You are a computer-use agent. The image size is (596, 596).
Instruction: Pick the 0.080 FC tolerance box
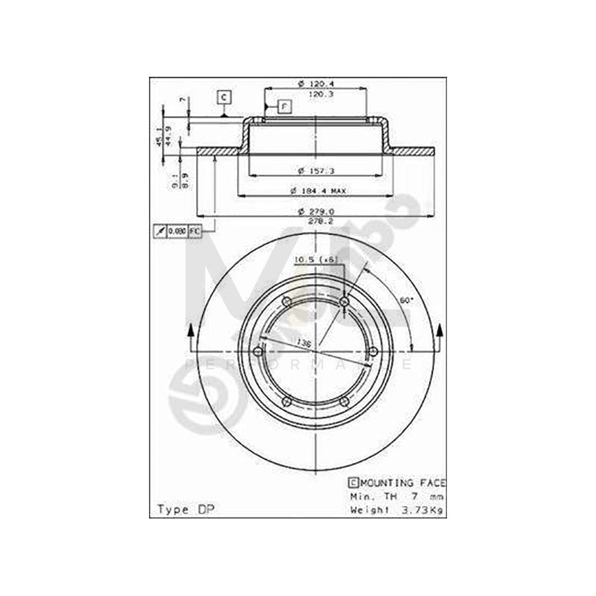point(177,230)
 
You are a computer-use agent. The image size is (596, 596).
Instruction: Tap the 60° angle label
point(407,300)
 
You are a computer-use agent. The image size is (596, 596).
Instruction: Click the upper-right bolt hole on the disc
point(344,301)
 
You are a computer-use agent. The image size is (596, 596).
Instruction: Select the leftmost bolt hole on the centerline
point(258,351)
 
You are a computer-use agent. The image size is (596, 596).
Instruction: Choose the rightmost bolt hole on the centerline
point(372,351)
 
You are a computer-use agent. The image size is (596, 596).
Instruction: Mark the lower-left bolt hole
point(287,401)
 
